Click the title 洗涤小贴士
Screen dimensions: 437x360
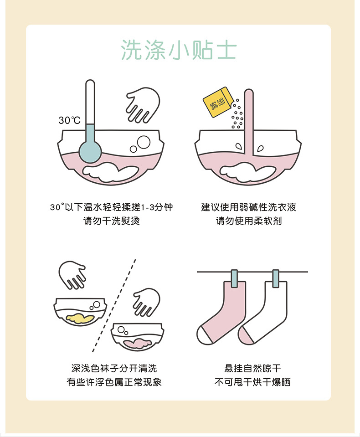tap(179, 50)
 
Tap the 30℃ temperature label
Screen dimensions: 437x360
tap(69, 120)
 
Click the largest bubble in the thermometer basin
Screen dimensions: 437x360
tap(144, 142)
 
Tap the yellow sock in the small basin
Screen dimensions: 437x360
tap(80, 318)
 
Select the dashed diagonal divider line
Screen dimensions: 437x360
tap(114, 306)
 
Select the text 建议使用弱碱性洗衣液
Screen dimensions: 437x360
tap(249, 207)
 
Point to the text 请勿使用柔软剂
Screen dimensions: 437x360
tap(249, 221)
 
